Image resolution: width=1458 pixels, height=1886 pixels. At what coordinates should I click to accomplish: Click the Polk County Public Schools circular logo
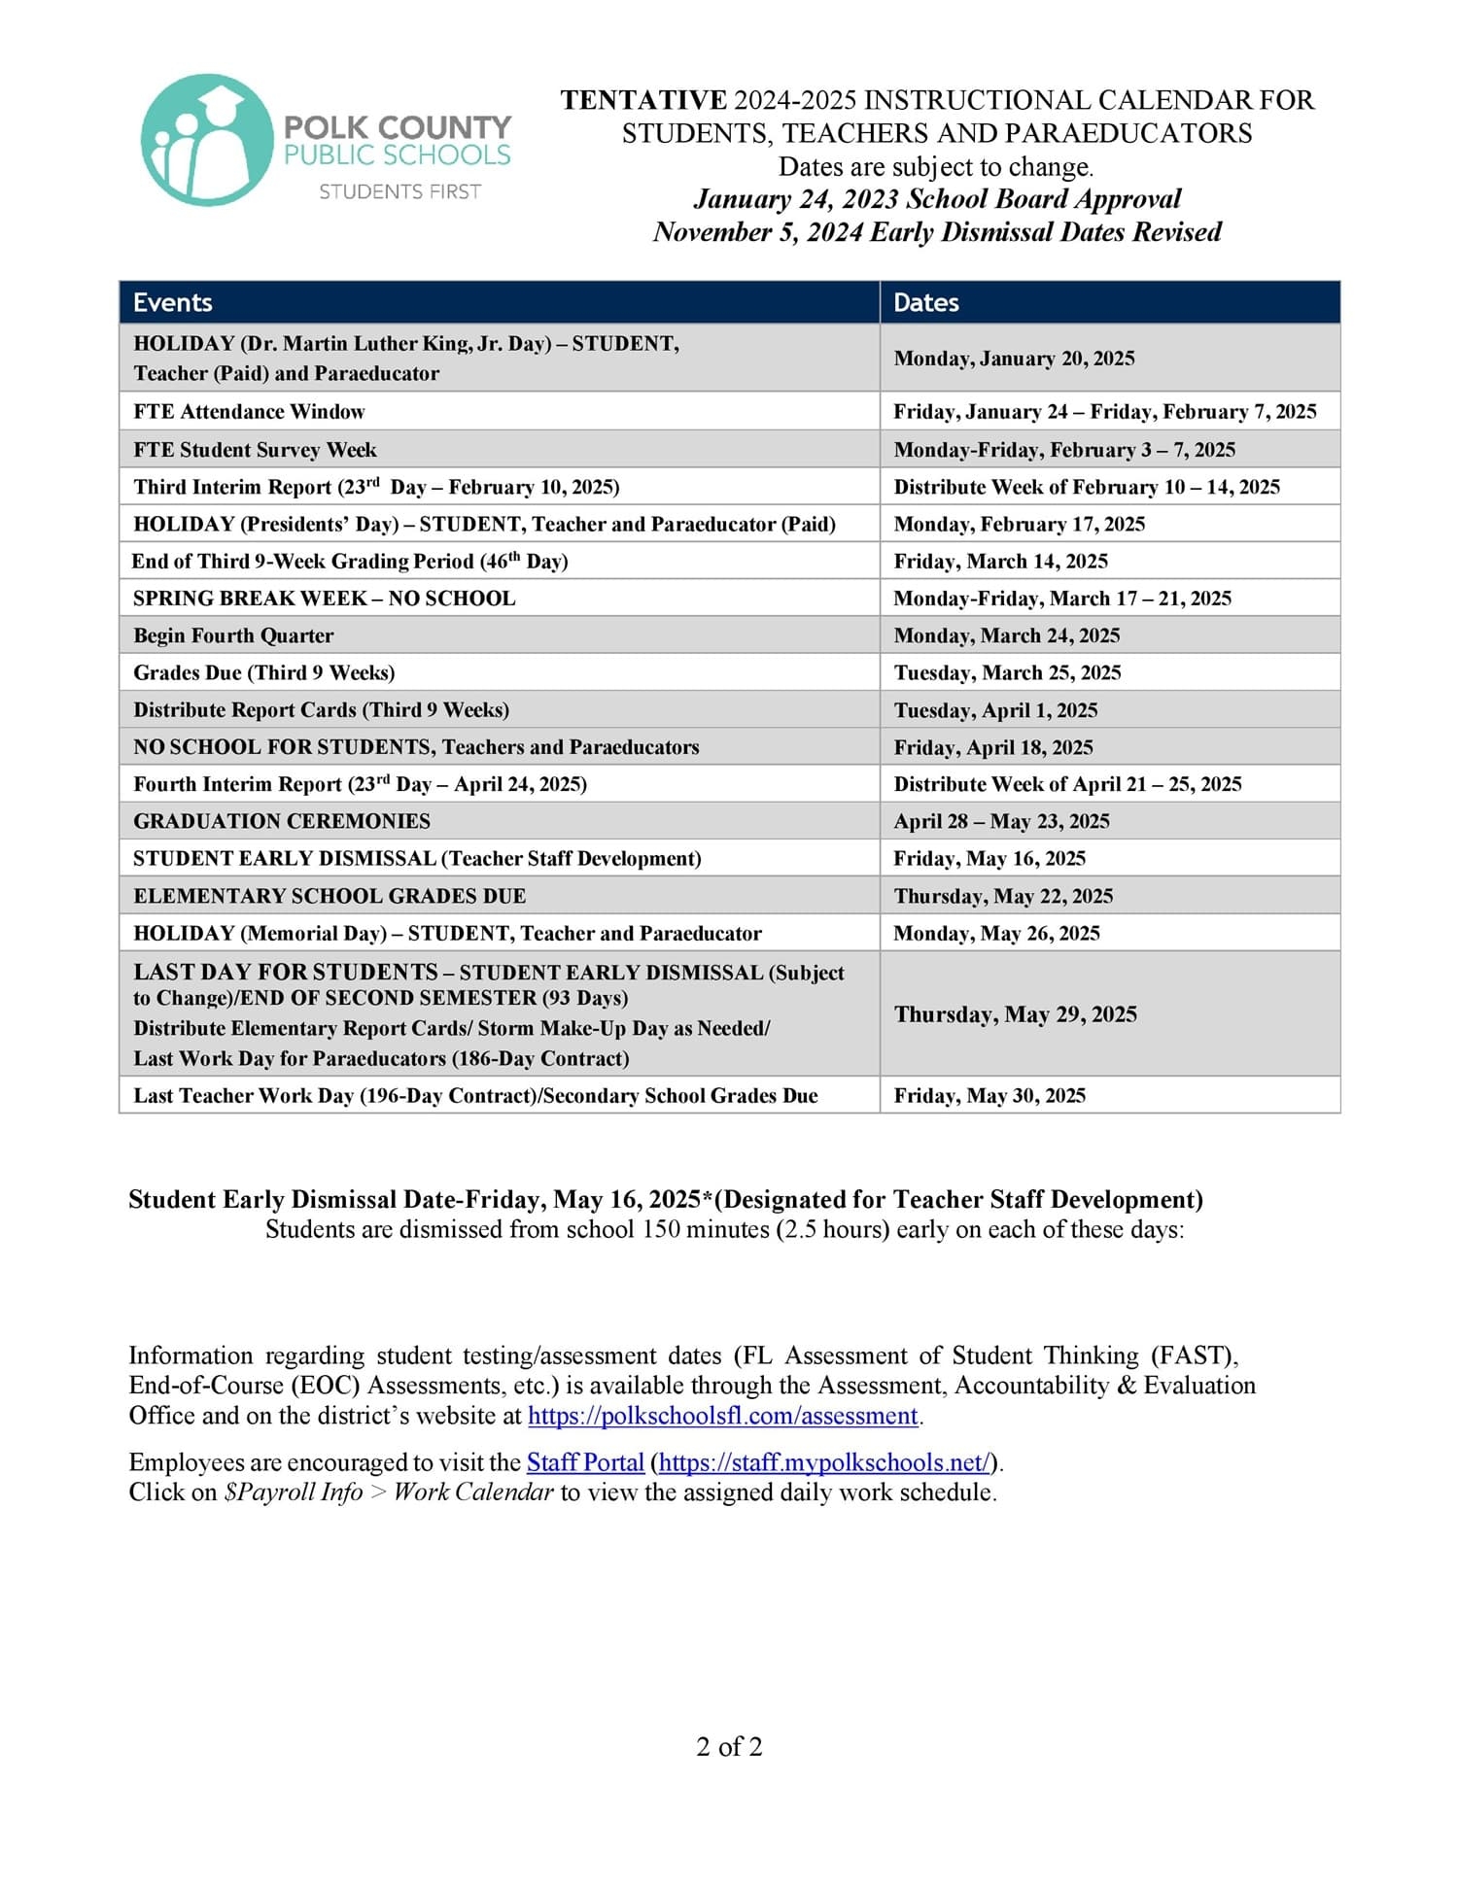point(206,141)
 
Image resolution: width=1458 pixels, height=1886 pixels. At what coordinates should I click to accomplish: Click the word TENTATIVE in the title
point(643,100)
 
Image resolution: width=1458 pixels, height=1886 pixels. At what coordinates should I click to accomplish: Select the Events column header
point(173,302)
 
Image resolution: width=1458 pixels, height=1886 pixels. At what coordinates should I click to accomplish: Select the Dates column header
point(926,302)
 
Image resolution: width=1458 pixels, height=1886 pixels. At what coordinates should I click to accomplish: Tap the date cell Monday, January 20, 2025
point(1014,359)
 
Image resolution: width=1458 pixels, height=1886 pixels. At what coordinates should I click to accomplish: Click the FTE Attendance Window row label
point(249,411)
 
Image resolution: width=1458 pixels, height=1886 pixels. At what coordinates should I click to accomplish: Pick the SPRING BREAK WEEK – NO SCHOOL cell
point(325,598)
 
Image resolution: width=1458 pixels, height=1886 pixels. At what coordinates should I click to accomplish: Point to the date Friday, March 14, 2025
point(1000,561)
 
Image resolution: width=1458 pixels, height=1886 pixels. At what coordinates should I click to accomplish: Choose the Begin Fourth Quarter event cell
point(233,635)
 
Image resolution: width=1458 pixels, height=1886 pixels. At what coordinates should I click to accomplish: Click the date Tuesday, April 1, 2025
point(995,710)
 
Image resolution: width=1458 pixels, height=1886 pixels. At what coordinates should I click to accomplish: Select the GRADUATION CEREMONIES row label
point(282,821)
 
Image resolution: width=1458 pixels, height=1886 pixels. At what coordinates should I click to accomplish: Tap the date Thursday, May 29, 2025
point(1015,1014)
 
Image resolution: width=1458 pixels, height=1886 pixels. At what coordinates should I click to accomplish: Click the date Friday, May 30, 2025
point(989,1095)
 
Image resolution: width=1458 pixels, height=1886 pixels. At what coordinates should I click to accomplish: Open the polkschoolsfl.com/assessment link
point(722,1416)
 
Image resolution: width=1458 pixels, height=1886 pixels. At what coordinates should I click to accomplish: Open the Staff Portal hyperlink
point(585,1462)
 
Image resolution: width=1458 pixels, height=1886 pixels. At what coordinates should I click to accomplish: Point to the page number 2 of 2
point(729,1747)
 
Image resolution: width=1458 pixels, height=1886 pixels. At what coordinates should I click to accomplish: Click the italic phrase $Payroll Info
point(293,1492)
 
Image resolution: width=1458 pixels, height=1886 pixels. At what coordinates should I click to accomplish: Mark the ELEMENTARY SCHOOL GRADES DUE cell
point(330,896)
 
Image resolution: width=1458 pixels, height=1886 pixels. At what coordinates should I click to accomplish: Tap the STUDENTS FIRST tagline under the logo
point(399,192)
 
